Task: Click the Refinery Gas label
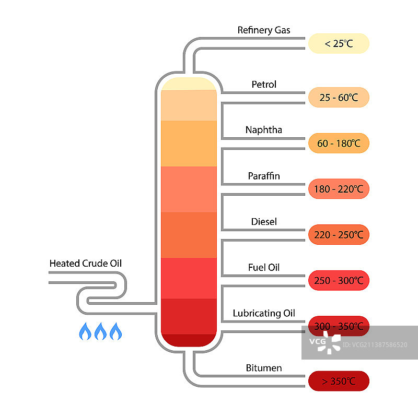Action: [x=263, y=30]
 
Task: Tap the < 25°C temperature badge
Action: [x=339, y=44]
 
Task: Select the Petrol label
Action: [x=264, y=85]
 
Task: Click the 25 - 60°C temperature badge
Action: [x=339, y=98]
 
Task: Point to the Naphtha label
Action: [x=264, y=130]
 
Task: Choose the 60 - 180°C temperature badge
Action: [x=339, y=143]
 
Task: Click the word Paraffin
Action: [x=264, y=176]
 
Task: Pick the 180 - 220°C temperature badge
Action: [x=339, y=189]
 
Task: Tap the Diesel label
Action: [x=264, y=222]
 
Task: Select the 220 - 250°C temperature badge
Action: [x=339, y=235]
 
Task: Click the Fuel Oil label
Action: [x=264, y=268]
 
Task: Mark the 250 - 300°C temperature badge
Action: [x=339, y=281]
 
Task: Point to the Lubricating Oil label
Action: [x=264, y=313]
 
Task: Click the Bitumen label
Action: [x=264, y=368]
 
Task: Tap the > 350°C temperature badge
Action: [x=339, y=381]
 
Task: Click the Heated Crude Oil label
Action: [x=85, y=263]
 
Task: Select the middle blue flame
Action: [x=100, y=331]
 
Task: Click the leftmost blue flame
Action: [x=85, y=331]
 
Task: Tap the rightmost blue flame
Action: [x=115, y=331]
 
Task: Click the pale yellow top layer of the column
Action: [x=189, y=84]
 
